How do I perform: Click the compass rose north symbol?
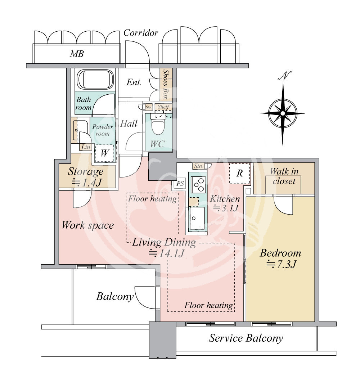[283, 113]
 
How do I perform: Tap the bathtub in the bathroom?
[95, 79]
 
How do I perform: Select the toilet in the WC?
[158, 124]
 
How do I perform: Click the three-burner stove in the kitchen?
[198, 184]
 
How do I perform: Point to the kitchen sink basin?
[197, 219]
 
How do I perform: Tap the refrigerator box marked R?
[240, 173]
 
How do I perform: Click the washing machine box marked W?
[104, 153]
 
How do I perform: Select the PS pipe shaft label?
[180, 183]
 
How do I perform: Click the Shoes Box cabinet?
[166, 84]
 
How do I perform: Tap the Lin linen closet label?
[86, 147]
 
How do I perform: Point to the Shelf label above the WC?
[163, 107]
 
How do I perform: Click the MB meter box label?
[77, 54]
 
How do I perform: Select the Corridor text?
[141, 33]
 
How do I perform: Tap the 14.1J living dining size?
[167, 253]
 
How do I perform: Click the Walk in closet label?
[284, 176]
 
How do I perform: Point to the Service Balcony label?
[246, 338]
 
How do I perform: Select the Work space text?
[88, 225]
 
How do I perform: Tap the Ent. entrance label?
[134, 82]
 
